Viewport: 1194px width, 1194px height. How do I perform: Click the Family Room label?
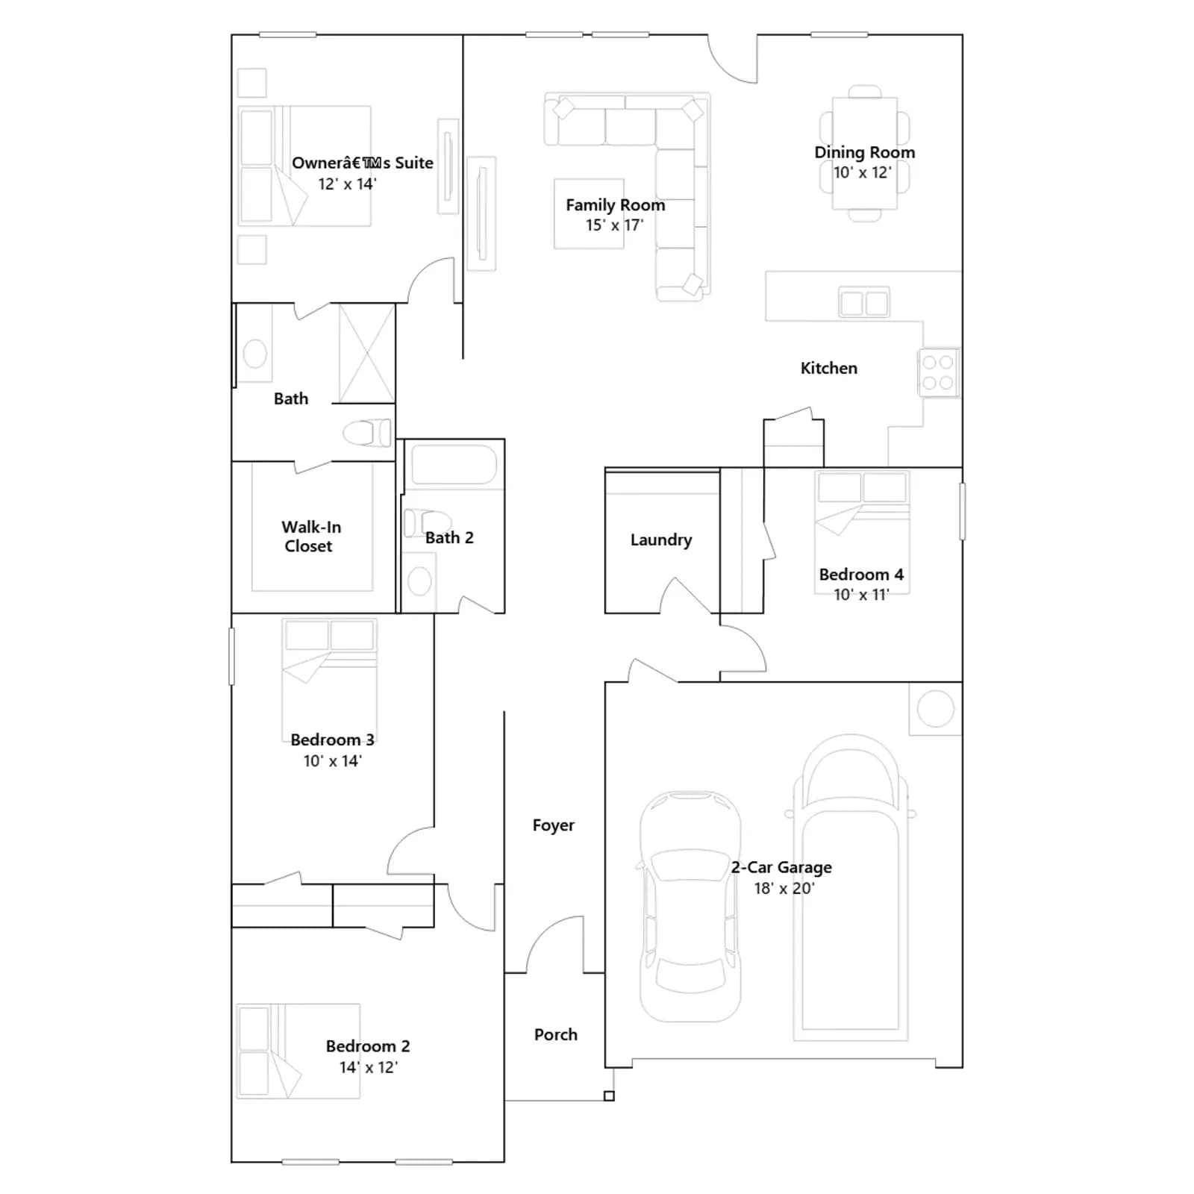[615, 204]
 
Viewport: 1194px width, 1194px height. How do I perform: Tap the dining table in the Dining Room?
[865, 154]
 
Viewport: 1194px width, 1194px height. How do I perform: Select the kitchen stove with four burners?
[938, 372]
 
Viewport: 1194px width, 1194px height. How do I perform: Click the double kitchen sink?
[864, 303]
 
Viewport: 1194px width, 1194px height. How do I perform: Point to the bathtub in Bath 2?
[454, 465]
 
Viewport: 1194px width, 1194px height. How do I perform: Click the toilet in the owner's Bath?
[366, 433]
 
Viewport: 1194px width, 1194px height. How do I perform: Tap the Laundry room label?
[661, 540]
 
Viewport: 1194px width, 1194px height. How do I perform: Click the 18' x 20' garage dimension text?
[784, 888]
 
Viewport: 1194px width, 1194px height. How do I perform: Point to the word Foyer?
[553, 825]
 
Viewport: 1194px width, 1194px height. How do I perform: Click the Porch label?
[555, 1034]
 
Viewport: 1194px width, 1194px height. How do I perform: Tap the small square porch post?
[609, 1096]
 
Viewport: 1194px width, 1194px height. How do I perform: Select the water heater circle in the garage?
[935, 709]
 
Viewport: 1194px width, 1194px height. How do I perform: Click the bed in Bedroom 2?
[298, 1051]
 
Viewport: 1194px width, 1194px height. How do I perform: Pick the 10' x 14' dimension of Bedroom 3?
[332, 761]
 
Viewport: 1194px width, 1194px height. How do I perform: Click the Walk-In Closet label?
[310, 537]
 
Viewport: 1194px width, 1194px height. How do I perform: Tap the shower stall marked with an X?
[366, 353]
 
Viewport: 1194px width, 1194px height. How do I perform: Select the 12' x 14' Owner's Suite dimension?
[347, 184]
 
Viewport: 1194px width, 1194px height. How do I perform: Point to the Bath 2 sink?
[419, 581]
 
